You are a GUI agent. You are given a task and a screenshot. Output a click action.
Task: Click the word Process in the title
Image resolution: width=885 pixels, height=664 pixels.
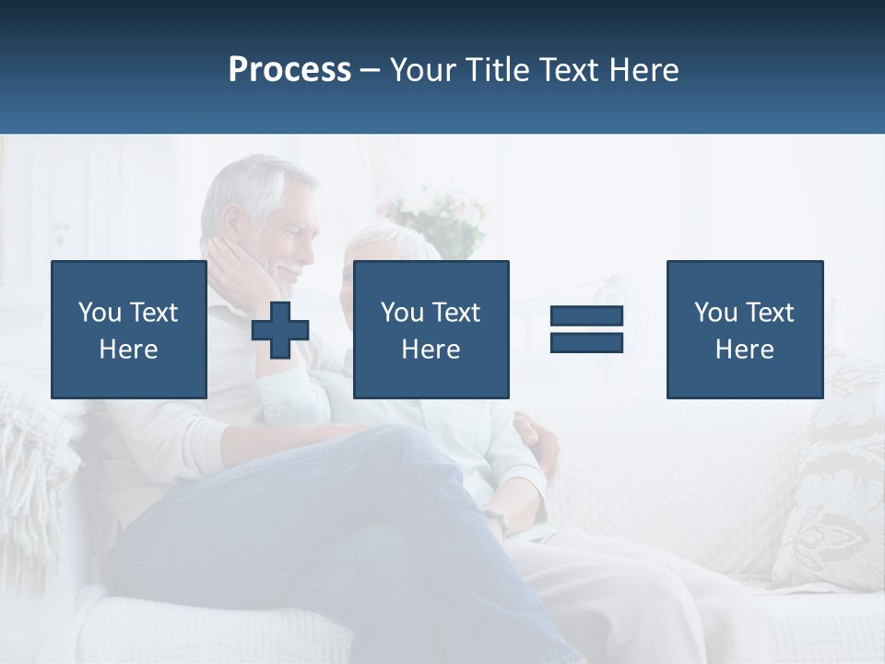(x=289, y=70)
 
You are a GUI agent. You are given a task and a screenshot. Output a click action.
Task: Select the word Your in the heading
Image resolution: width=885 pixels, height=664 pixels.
(x=424, y=70)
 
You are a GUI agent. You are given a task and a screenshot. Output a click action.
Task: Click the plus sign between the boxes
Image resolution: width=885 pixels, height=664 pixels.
(x=280, y=330)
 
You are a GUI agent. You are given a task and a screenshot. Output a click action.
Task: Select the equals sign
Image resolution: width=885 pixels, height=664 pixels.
(x=586, y=329)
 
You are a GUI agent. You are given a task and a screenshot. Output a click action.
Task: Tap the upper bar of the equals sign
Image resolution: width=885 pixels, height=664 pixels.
(x=586, y=316)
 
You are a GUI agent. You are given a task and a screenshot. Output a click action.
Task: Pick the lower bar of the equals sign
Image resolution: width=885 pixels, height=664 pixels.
(x=586, y=342)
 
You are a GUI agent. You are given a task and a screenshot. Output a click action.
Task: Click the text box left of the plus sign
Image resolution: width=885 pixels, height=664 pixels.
(x=128, y=329)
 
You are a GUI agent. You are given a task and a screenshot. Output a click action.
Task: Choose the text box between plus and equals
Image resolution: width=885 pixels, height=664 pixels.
(x=431, y=329)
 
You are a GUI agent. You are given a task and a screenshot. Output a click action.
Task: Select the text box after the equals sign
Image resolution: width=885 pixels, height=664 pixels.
(x=744, y=329)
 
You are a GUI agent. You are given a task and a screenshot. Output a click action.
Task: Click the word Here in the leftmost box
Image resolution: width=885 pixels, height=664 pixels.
(x=128, y=350)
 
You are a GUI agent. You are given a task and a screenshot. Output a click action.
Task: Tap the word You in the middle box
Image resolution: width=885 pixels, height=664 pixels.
(x=402, y=313)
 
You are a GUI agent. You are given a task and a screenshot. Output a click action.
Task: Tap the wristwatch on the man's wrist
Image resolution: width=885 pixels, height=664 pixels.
(x=501, y=524)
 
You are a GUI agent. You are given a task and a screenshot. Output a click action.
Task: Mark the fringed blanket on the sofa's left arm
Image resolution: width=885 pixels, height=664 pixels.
(x=37, y=461)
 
